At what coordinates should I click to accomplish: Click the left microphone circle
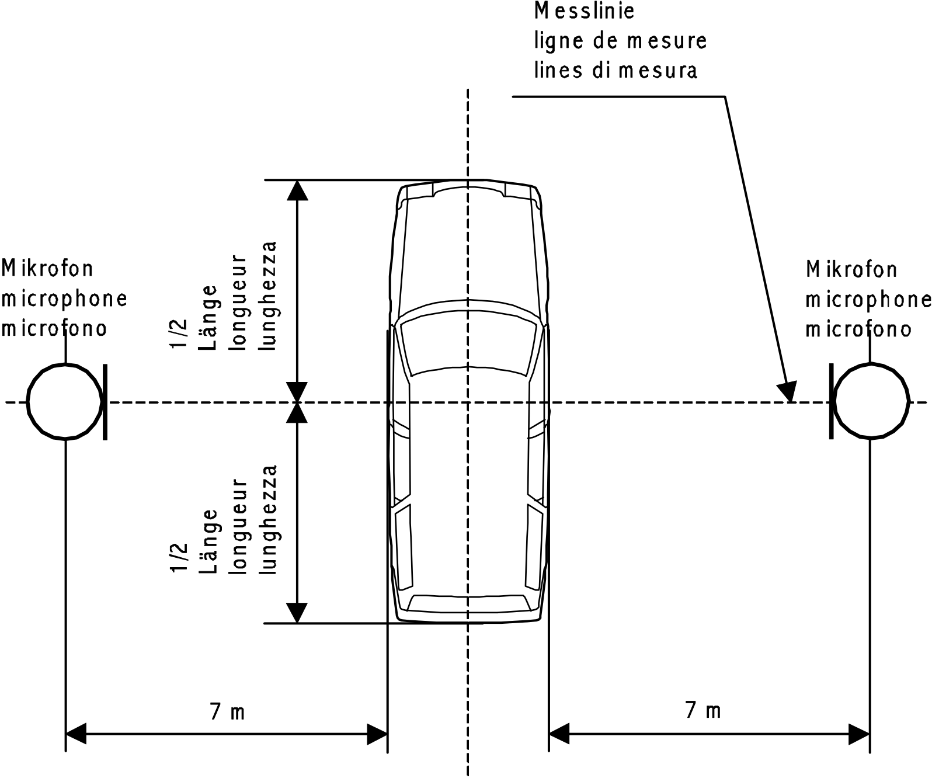click(27, 402)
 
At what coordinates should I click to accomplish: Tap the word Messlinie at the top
click(584, 11)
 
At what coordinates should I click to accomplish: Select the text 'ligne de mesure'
click(620, 41)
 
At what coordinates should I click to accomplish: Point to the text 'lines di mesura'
click(615, 71)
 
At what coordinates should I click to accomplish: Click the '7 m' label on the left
click(227, 711)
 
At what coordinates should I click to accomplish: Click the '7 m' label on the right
click(703, 710)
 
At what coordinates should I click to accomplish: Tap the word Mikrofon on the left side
click(47, 268)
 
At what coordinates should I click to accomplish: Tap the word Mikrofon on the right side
click(851, 269)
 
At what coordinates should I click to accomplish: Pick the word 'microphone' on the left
click(64, 298)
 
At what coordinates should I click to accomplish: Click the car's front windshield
click(468, 343)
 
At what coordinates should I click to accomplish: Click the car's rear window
click(468, 603)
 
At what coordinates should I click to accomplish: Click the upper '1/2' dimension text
click(179, 334)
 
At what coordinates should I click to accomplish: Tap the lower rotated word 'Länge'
click(208, 541)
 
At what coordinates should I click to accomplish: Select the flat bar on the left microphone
click(105, 402)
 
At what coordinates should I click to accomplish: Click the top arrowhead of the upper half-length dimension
click(297, 190)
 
